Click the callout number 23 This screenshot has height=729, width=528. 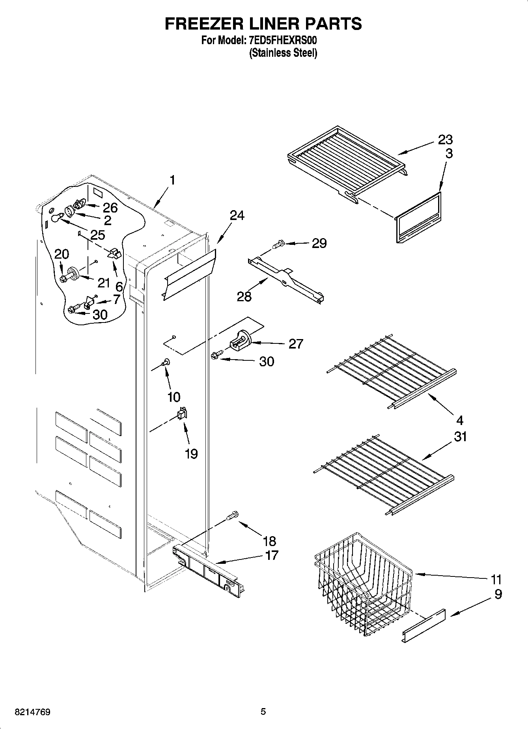coord(445,140)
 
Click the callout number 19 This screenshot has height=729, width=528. coord(191,454)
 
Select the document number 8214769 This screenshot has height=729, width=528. coord(32,712)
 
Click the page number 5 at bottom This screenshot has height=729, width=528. coord(263,712)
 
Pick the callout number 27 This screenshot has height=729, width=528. coord(296,344)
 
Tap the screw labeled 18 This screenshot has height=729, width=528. coord(233,515)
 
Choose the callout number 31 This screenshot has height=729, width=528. coord(460,436)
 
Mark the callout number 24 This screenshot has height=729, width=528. coord(237,215)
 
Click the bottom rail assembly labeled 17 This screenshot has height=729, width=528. coord(209,567)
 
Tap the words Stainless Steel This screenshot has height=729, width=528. coord(283,53)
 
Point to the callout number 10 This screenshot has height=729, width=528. coord(174,397)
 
